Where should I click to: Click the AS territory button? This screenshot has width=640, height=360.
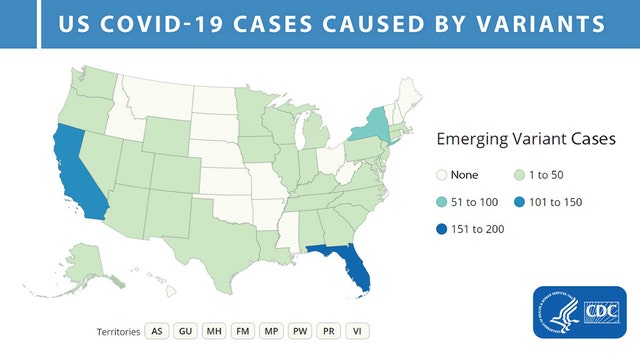click(x=156, y=330)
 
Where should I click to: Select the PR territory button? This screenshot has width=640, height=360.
click(x=325, y=330)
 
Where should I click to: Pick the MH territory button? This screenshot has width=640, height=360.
click(x=212, y=330)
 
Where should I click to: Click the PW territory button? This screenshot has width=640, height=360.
click(x=297, y=330)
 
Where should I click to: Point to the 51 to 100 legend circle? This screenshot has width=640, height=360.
click(x=445, y=201)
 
